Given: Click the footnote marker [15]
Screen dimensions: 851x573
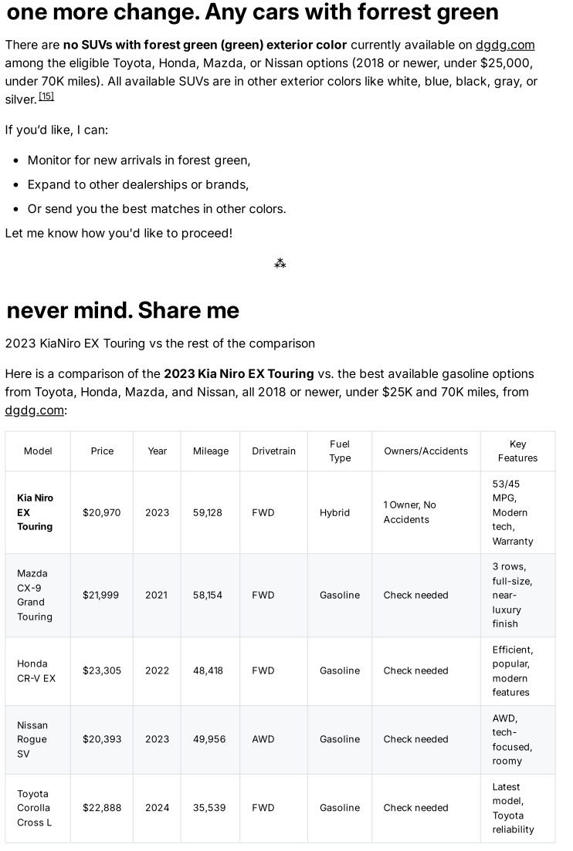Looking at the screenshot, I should coord(46,96).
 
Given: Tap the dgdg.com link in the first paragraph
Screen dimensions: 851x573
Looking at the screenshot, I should coord(505,45).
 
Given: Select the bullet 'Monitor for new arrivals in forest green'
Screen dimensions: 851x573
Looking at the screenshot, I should coord(139,160).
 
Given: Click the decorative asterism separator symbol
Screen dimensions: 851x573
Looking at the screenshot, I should coord(280,264).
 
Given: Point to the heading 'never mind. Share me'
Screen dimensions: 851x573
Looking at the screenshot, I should coord(123,310).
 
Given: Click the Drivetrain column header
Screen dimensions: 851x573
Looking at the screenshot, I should coord(273,451).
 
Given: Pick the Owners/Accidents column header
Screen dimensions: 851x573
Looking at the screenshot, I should coord(426,451).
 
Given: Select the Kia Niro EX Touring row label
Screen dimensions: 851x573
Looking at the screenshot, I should coord(36,512).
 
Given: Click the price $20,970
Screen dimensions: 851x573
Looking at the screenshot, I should coord(102,512).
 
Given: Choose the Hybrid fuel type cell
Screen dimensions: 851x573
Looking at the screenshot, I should coord(334,512).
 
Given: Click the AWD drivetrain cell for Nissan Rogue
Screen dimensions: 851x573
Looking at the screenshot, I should coord(263,739).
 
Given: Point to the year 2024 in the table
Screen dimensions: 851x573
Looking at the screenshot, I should coord(157,808).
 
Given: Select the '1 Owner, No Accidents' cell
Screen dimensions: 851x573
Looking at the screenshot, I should coord(410,512).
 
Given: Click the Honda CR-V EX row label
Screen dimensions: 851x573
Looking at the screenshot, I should coord(36,670).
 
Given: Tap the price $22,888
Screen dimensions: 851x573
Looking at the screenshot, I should coord(102,808).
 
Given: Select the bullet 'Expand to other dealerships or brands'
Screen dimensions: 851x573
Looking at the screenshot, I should coord(137,184).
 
